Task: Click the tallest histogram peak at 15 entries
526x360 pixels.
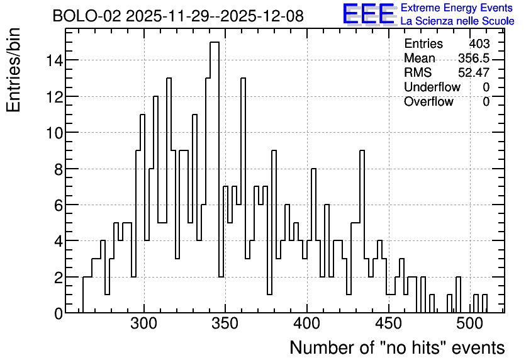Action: (x=215, y=42)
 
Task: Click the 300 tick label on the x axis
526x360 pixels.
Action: (x=144, y=324)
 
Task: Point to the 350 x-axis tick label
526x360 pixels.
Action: (x=225, y=324)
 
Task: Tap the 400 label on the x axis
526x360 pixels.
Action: (x=307, y=324)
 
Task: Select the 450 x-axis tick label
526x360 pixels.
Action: (x=388, y=324)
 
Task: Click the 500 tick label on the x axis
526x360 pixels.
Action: (x=470, y=324)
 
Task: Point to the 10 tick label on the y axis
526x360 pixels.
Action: (x=54, y=133)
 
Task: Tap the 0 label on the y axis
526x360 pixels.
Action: (x=59, y=313)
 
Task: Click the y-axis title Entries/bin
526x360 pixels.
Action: (x=13, y=70)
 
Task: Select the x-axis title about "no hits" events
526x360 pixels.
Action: (x=397, y=347)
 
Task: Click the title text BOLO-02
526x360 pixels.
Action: (x=87, y=16)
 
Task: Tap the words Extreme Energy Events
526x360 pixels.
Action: (x=457, y=8)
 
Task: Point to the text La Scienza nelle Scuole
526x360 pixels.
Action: (x=457, y=21)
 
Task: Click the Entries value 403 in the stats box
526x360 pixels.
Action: (x=479, y=44)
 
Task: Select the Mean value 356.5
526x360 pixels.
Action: (x=474, y=59)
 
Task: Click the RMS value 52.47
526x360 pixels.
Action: (x=474, y=73)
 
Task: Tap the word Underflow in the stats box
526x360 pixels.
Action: (x=432, y=87)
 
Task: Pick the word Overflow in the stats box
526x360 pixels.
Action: (x=428, y=102)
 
